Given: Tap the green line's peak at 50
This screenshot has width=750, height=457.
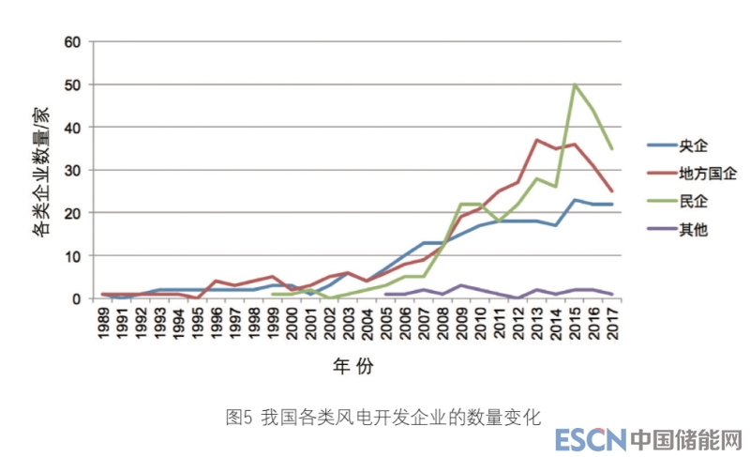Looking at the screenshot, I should pyautogui.click(x=575, y=84).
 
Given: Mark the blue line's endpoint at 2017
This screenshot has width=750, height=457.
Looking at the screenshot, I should pyautogui.click(x=611, y=205).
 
